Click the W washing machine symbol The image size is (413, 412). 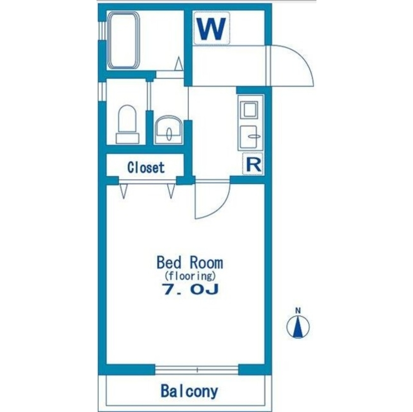(x=211, y=28)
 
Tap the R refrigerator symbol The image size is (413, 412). (x=253, y=164)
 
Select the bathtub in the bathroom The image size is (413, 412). (x=123, y=40)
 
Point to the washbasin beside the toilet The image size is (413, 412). (x=169, y=130)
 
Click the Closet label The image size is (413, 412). (x=146, y=167)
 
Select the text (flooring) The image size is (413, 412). (x=190, y=276)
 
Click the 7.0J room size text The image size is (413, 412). (x=191, y=289)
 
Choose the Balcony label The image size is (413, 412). (x=189, y=391)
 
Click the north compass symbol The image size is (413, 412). (x=298, y=326)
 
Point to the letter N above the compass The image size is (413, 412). (x=298, y=311)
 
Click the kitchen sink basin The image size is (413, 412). (x=249, y=136)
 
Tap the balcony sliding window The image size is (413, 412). (x=197, y=370)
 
